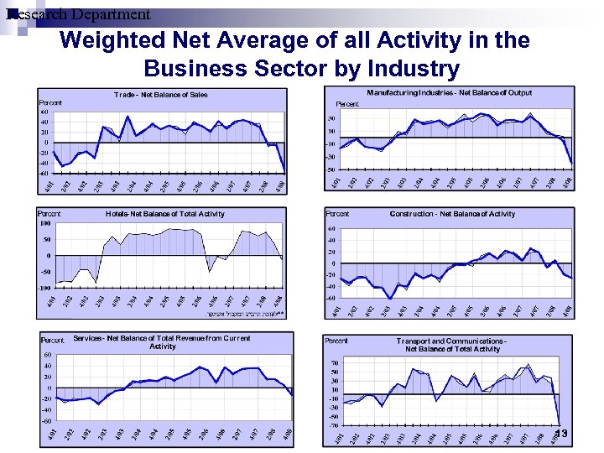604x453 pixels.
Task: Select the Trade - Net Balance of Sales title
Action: coord(160,95)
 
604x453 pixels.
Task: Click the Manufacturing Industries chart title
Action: coord(449,92)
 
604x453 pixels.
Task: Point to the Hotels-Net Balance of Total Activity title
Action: coord(164,214)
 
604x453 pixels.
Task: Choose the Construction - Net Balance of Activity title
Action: coord(452,214)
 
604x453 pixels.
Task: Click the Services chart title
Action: coord(162,342)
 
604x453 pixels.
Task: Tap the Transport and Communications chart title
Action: coord(452,345)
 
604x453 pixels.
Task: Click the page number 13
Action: coord(561,434)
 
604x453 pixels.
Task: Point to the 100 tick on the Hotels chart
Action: coord(44,223)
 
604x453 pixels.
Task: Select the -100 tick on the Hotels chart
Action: coord(44,288)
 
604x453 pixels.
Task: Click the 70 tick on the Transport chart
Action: coord(334,362)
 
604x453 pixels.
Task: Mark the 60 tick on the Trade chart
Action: coord(44,112)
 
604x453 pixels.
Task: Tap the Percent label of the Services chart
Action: coord(53,341)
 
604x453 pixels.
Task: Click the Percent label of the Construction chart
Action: coord(336,214)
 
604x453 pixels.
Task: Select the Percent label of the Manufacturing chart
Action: coord(347,104)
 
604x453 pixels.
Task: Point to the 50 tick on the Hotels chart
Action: coord(46,239)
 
